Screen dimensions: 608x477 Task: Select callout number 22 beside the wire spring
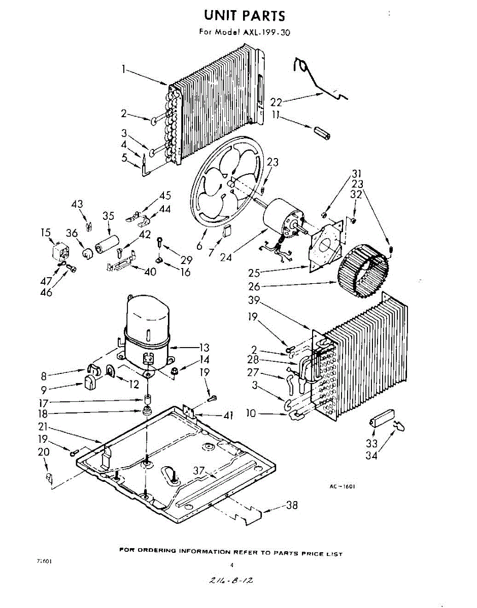coord(276,102)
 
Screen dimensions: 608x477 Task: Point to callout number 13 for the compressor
coord(203,348)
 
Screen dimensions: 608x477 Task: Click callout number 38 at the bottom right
coord(292,505)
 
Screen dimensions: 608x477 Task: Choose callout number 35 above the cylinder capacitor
coord(108,215)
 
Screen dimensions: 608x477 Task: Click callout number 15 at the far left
coord(46,233)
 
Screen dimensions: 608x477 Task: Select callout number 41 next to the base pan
coord(228,415)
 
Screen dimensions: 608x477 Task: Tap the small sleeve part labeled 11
coord(322,134)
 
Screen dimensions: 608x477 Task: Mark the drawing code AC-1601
coord(342,487)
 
